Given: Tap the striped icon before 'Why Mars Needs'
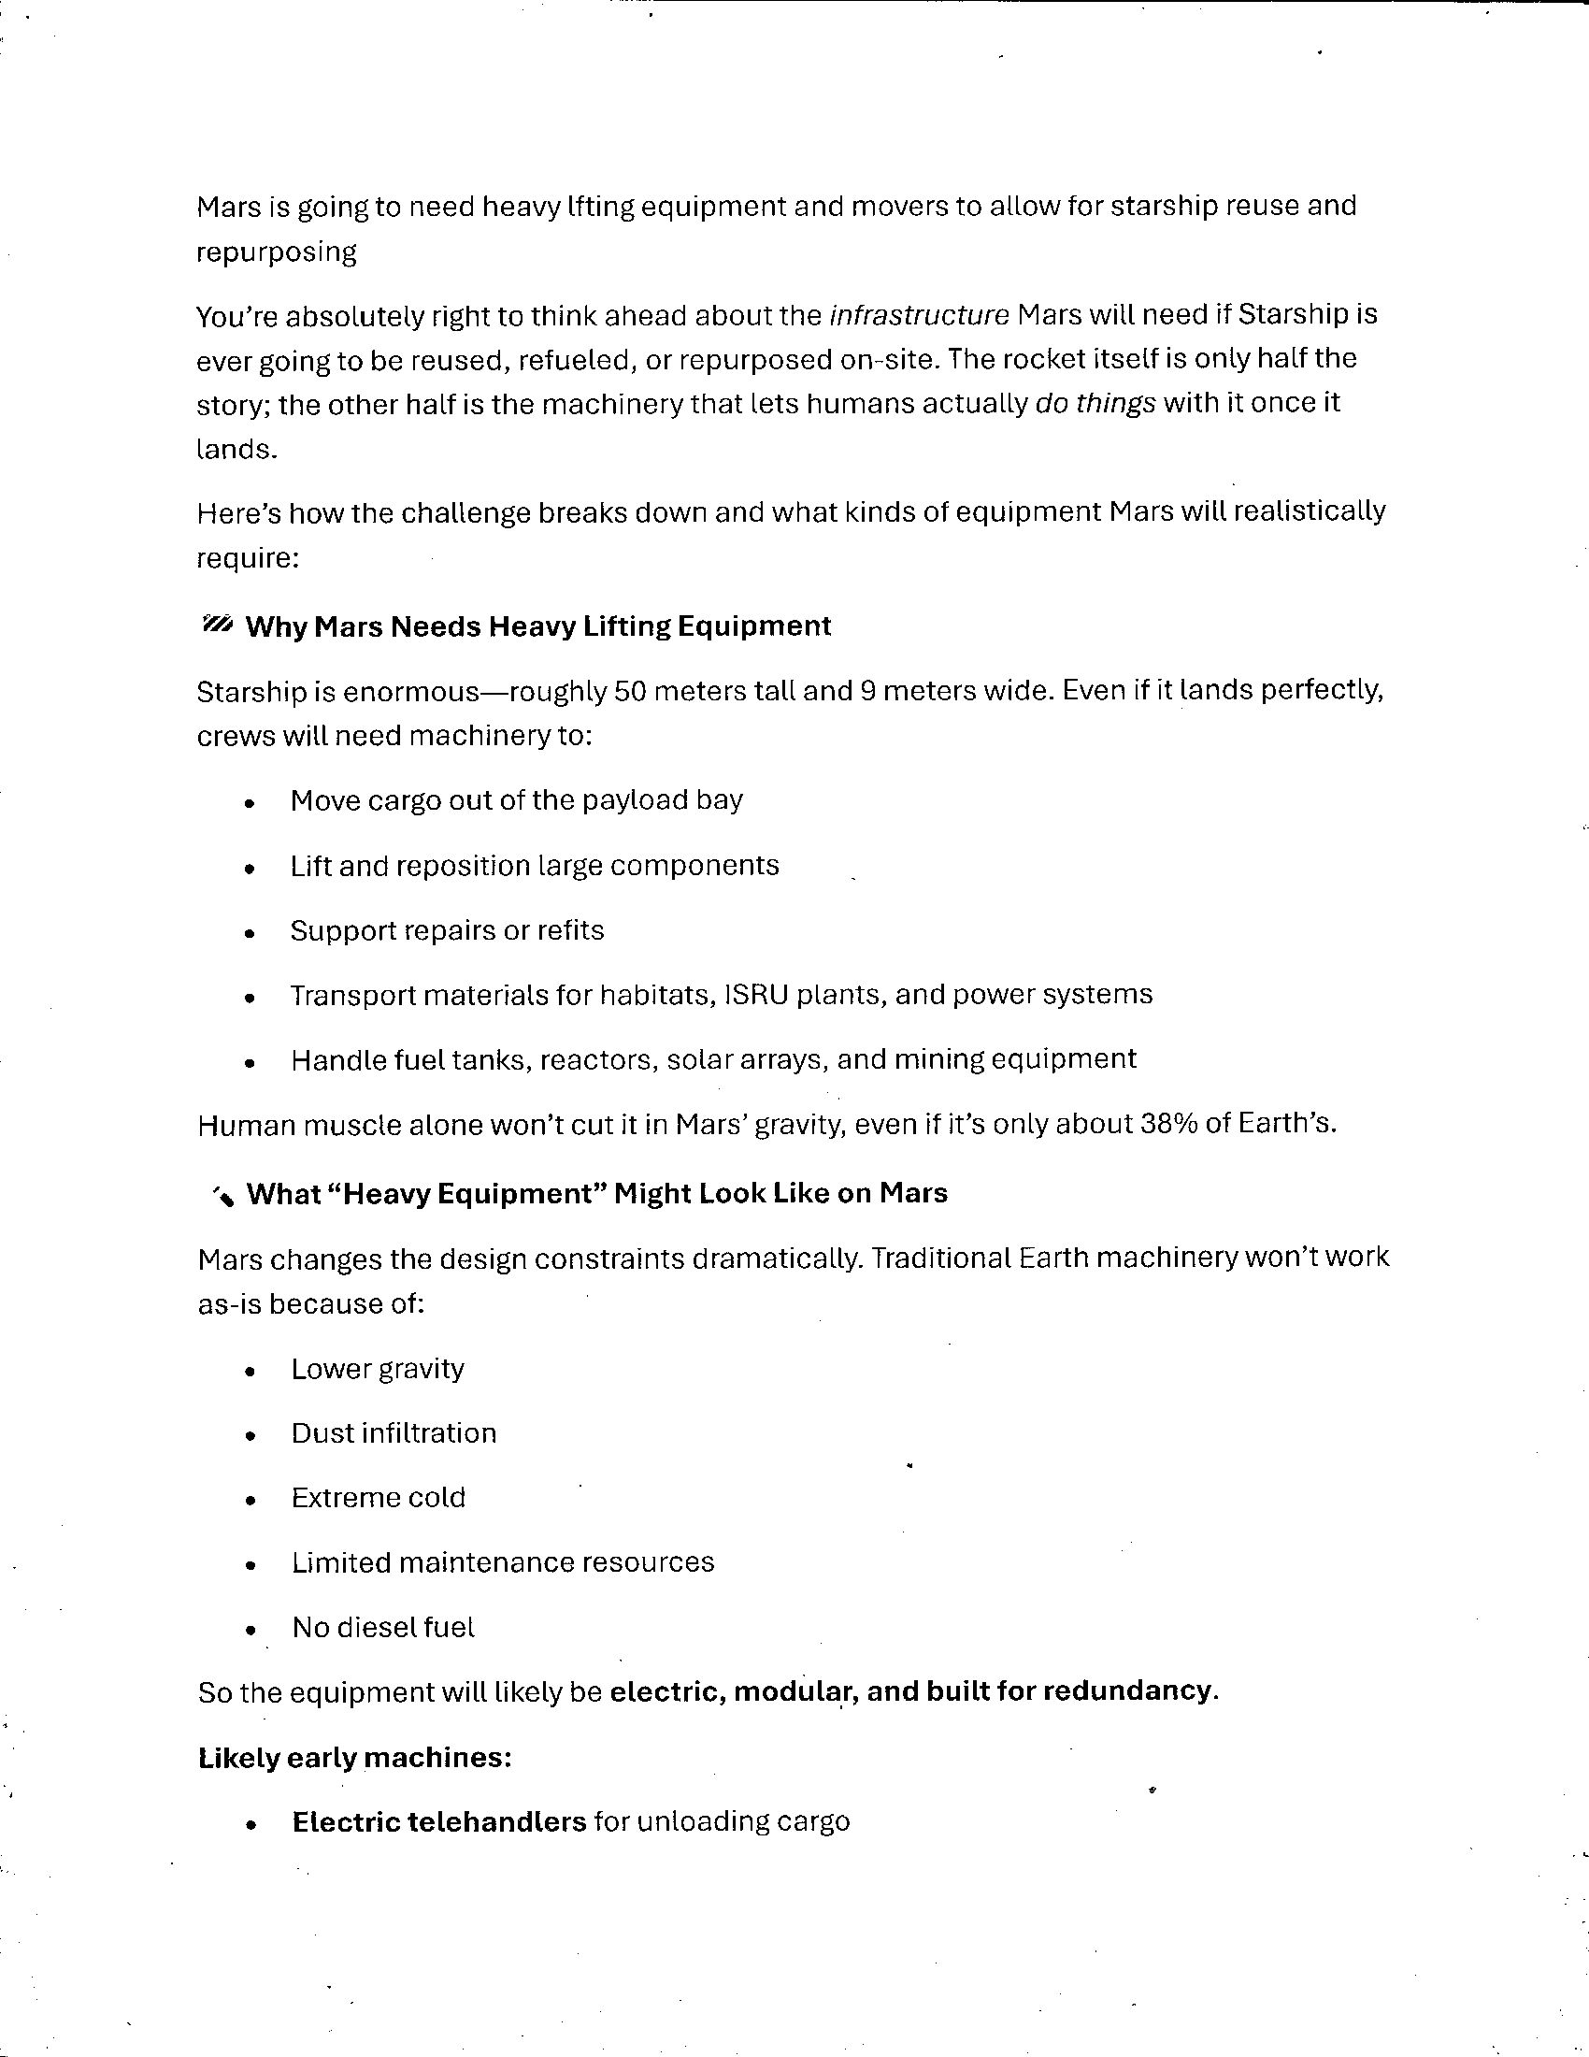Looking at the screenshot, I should (217, 626).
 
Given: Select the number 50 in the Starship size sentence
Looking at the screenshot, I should (630, 691).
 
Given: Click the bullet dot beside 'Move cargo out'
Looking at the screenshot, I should (249, 803).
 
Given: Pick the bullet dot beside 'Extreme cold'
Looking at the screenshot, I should (249, 1501).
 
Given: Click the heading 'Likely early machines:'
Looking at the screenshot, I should (355, 1758).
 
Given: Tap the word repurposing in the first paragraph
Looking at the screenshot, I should (277, 252).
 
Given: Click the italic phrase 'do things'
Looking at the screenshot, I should (1095, 403).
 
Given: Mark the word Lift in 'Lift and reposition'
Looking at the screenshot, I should (310, 866).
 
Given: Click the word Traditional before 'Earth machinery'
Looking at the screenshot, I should (940, 1259).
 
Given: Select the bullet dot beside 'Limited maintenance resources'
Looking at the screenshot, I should (249, 1565).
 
